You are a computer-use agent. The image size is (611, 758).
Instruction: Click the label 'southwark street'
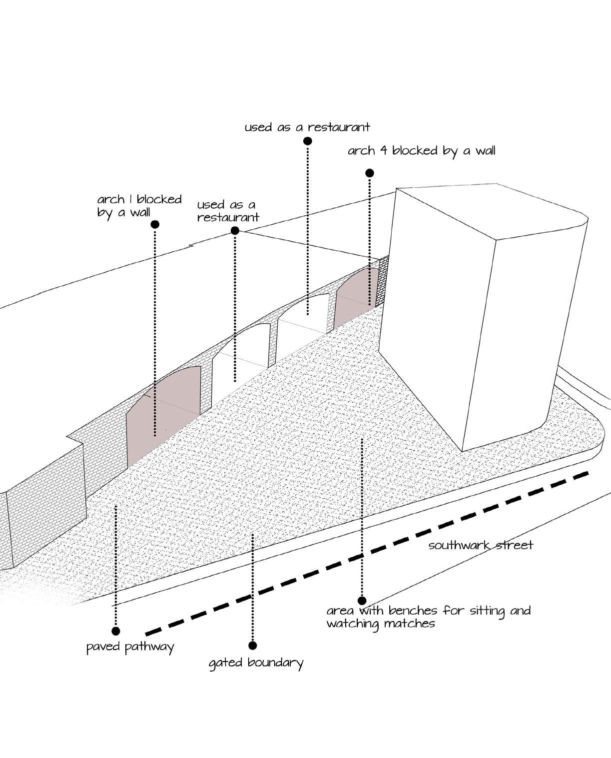[x=480, y=545]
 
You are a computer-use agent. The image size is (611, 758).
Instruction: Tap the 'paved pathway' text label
[x=130, y=648]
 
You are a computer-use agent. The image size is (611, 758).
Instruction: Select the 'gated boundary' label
[x=256, y=663]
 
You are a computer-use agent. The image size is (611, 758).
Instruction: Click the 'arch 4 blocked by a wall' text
[x=421, y=151]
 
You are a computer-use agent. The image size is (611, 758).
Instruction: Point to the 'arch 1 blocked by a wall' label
[x=139, y=205]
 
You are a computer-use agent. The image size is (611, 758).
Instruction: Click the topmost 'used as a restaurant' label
[x=307, y=127]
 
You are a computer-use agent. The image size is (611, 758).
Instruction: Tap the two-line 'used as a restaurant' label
[x=228, y=211]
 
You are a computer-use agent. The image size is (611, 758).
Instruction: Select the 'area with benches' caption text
[x=428, y=617]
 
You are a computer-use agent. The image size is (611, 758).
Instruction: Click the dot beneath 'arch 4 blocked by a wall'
[x=369, y=173]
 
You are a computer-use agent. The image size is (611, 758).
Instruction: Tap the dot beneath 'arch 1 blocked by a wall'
[x=155, y=224]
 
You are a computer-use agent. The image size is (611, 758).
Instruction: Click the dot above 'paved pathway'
[x=116, y=631]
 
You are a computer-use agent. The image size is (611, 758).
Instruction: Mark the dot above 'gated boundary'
[x=252, y=646]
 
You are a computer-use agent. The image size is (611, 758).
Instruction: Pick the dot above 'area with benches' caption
[x=362, y=601]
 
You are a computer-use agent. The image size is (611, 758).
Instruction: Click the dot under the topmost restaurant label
[x=307, y=141]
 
